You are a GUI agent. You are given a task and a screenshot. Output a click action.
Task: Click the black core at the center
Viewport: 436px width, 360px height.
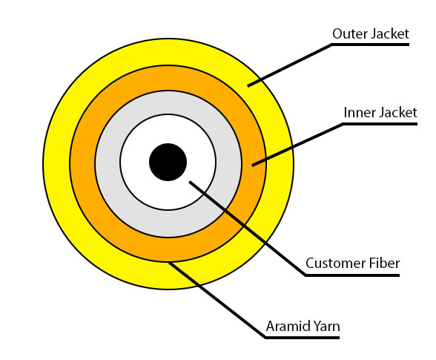click(x=168, y=162)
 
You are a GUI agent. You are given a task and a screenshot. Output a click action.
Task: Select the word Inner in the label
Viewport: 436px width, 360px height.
click(x=359, y=113)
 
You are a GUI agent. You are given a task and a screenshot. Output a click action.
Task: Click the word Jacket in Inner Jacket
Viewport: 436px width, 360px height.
click(x=397, y=113)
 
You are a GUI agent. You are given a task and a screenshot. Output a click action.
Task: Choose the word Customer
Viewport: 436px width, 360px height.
click(x=333, y=264)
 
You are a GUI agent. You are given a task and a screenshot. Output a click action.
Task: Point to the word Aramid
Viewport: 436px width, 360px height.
click(x=285, y=326)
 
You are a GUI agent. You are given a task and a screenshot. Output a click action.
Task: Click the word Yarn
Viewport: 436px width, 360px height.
click(x=326, y=326)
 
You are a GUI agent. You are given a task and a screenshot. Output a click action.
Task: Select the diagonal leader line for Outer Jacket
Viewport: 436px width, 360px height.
click(x=289, y=65)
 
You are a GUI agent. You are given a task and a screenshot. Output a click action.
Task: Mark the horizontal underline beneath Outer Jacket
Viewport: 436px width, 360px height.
click(x=370, y=45)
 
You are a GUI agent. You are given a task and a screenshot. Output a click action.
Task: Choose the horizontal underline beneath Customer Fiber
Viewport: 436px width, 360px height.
click(x=352, y=275)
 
